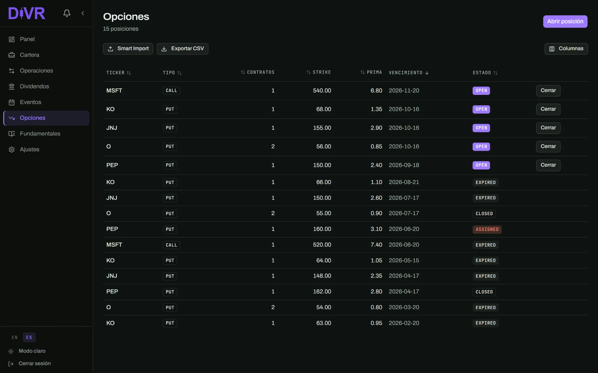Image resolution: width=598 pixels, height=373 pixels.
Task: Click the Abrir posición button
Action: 565,21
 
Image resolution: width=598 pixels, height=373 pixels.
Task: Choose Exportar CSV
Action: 182,49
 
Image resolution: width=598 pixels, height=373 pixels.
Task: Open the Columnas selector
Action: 566,49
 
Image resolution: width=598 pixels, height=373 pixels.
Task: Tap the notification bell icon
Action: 67,13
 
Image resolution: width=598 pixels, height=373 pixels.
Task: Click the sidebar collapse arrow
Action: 83,13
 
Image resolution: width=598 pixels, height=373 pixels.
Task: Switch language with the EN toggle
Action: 15,337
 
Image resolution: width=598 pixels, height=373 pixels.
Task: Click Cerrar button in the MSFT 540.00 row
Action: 548,91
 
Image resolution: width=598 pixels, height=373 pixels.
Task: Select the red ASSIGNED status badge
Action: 487,229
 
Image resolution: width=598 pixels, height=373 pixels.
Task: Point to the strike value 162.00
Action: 322,292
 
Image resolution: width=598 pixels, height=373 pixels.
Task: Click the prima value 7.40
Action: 376,245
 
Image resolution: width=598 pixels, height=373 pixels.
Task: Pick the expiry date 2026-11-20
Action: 404,91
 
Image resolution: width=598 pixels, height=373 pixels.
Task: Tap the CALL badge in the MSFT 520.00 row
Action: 171,245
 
